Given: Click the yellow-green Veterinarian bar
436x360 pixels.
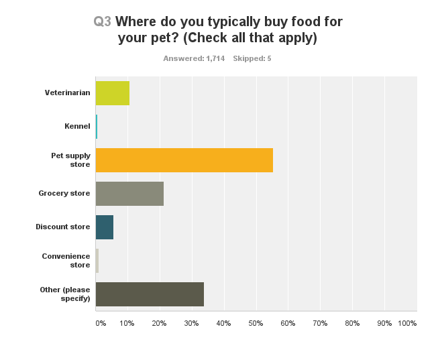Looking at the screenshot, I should tap(112, 93).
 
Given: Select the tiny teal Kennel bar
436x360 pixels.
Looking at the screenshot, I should tap(97, 127).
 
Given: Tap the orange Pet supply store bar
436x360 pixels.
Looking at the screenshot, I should tap(184, 160).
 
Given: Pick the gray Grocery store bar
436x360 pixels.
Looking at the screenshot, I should tap(129, 194).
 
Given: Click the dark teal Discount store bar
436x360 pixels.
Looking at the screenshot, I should tap(105, 227).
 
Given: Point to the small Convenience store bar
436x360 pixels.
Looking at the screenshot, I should tap(97, 261).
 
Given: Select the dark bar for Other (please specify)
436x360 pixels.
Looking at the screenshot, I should tap(150, 294).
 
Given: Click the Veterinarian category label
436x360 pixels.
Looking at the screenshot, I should tap(67, 93).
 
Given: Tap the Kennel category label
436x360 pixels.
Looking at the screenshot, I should tap(77, 126).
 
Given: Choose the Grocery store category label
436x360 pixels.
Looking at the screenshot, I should tap(64, 194).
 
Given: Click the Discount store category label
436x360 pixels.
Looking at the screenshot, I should tap(63, 227).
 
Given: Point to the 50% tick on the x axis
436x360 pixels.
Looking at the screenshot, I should tap(255, 324).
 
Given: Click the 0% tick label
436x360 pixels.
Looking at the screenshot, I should tap(101, 324).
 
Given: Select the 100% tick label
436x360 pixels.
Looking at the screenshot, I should tap(407, 324).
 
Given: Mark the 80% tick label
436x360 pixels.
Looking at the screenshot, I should tap(351, 324).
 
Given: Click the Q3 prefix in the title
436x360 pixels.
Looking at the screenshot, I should tap(103, 21).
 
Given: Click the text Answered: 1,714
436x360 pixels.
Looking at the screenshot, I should tap(194, 58).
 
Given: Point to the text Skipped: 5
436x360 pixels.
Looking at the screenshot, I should tap(252, 58).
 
